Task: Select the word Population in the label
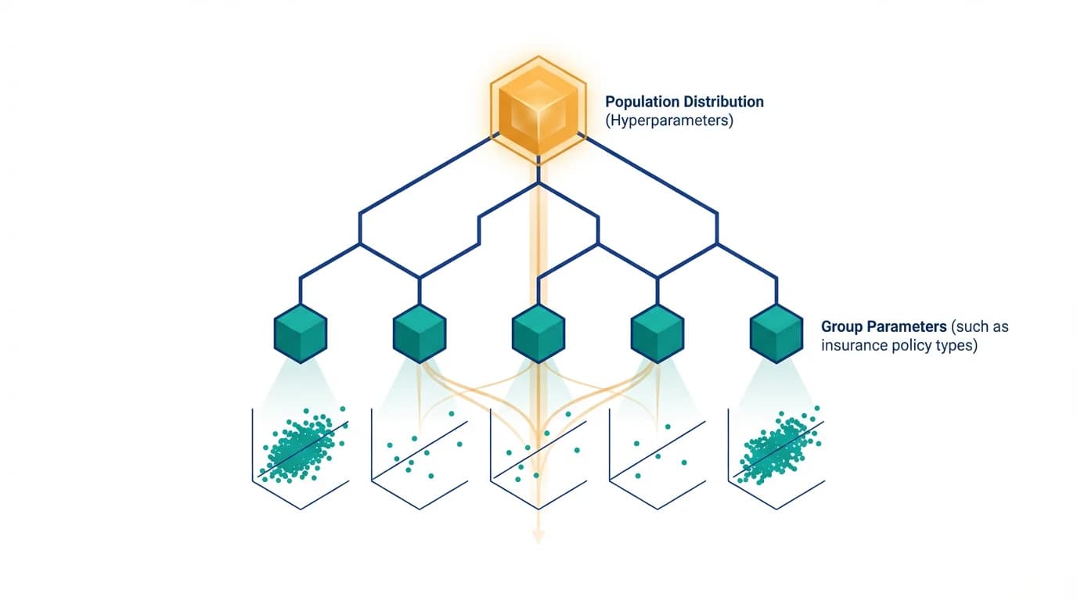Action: (x=642, y=102)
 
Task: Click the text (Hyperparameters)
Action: (x=669, y=121)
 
